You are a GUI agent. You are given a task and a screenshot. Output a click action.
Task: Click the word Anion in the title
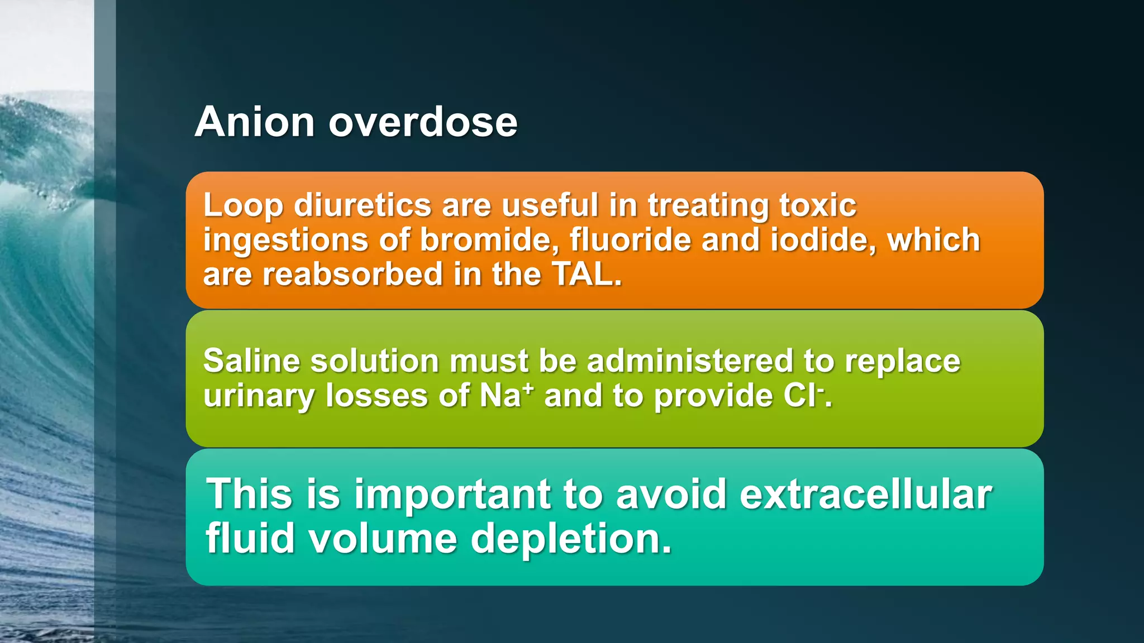[x=255, y=122]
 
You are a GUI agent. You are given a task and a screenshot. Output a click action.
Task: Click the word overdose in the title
[x=423, y=122]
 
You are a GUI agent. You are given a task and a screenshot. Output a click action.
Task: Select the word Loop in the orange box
[x=243, y=205]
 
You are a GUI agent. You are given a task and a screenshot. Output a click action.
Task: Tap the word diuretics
[x=363, y=205]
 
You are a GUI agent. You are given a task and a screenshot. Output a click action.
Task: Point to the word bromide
[x=489, y=240]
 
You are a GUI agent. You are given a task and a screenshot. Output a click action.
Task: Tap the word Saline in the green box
[x=251, y=361]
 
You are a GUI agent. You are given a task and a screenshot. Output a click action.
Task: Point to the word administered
[x=690, y=361]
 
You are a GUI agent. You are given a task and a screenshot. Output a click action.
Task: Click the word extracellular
[x=865, y=495]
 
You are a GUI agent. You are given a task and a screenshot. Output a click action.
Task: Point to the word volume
[x=383, y=539]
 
